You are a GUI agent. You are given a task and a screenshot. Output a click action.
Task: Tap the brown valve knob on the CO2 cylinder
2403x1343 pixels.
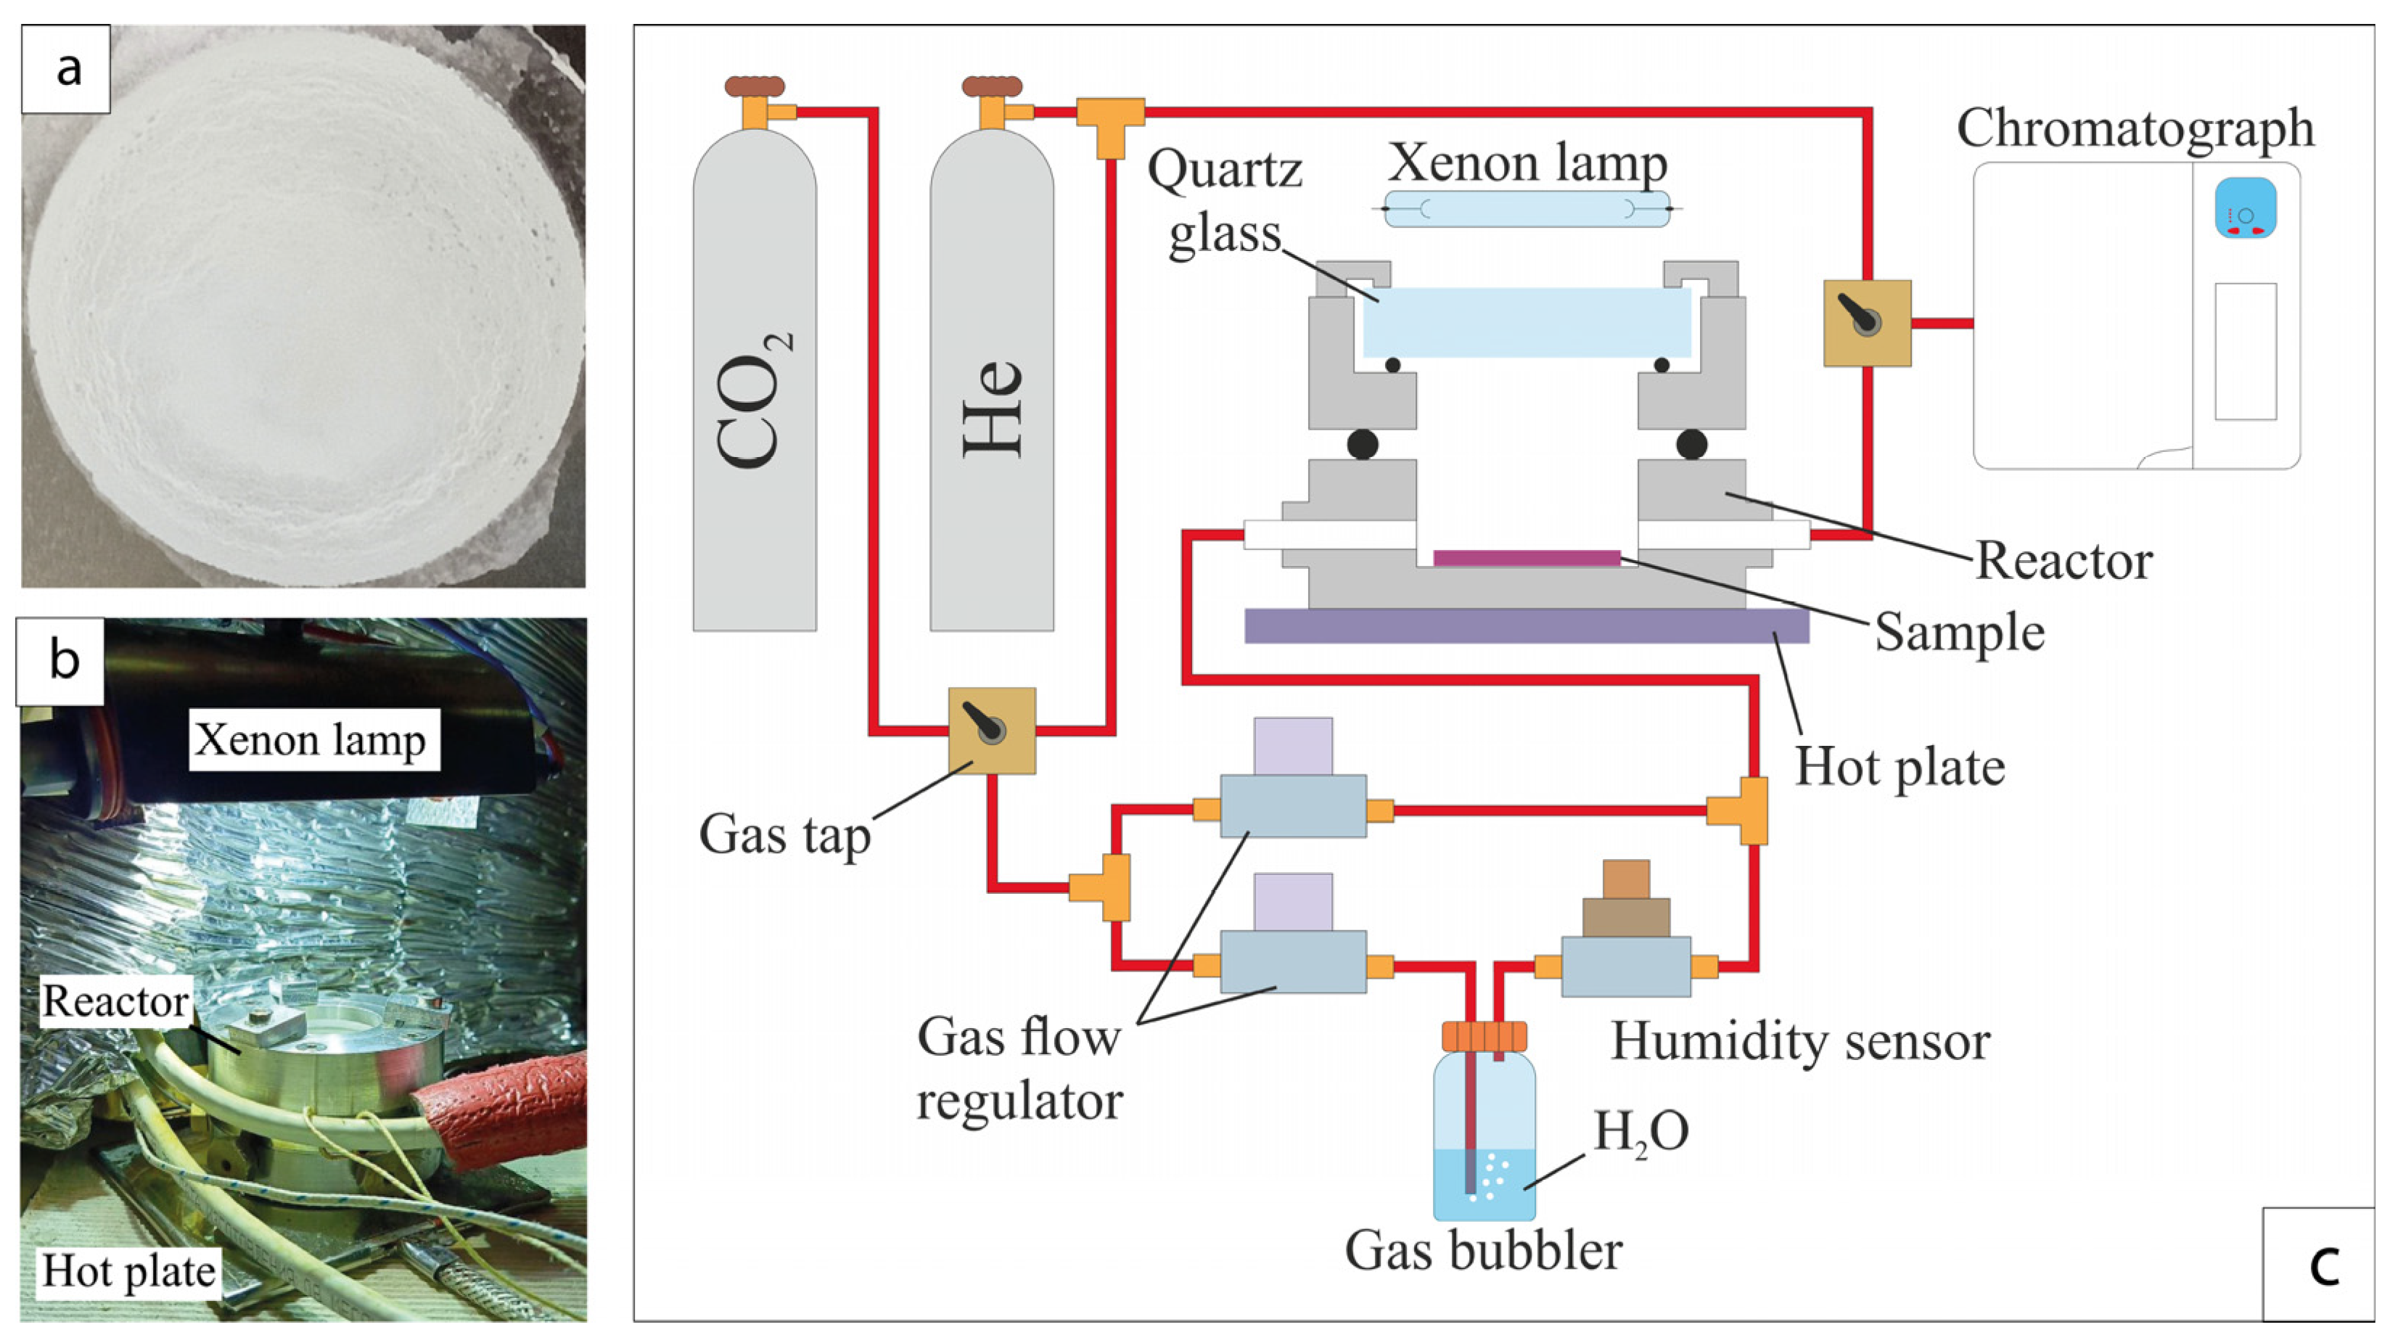(x=754, y=87)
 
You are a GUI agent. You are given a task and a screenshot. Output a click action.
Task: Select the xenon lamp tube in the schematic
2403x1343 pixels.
(x=1526, y=209)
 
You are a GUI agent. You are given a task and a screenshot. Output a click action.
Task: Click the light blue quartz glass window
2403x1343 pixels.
(x=1526, y=321)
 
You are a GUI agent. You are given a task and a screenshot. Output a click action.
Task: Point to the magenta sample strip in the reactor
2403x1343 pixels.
(x=1526, y=558)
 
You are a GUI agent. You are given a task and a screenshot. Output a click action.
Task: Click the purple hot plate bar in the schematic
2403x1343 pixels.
(x=1526, y=626)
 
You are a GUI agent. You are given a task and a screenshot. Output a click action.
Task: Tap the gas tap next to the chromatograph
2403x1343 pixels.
(x=1867, y=323)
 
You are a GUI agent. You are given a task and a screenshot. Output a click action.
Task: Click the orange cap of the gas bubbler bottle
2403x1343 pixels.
(x=1483, y=1036)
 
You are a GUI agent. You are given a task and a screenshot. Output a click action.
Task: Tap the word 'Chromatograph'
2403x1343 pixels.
(x=2135, y=128)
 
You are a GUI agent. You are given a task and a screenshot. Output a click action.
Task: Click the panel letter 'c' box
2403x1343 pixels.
(x=2317, y=1264)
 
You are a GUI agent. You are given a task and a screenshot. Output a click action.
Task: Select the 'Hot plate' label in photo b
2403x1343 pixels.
(x=128, y=1271)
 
